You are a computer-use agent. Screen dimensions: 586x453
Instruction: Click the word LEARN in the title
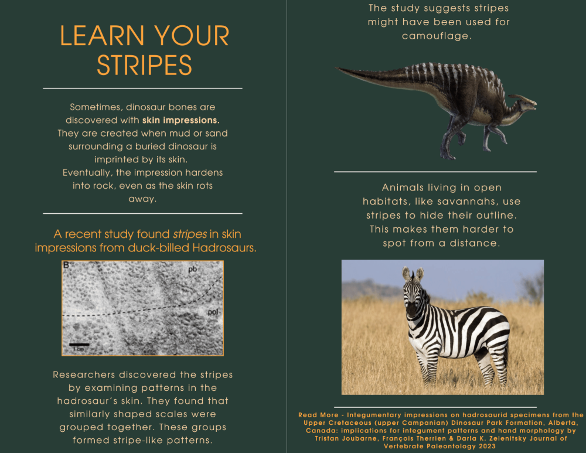coord(102,36)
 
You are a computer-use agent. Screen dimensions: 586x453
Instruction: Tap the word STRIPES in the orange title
coord(144,65)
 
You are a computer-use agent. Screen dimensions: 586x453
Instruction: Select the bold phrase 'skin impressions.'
coord(181,120)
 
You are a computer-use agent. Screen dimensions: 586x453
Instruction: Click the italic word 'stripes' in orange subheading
coord(190,234)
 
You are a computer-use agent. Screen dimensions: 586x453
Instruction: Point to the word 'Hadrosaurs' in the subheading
coord(224,247)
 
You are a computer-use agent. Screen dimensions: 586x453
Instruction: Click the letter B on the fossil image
coord(66,265)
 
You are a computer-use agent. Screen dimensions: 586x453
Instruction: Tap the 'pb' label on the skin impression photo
coord(192,269)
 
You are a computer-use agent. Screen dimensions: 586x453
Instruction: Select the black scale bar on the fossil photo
coord(79,344)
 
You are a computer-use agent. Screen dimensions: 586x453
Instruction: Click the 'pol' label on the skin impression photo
coord(213,312)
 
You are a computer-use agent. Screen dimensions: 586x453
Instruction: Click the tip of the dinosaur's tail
coord(336,68)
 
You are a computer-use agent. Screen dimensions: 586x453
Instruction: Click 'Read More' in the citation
coord(318,415)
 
